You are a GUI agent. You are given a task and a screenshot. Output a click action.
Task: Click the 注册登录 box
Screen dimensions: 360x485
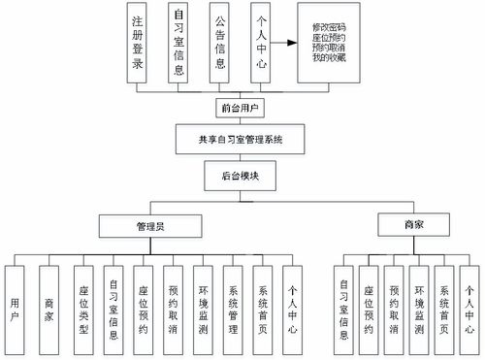click(139, 44)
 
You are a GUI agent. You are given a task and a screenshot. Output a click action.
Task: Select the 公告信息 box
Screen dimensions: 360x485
click(221, 44)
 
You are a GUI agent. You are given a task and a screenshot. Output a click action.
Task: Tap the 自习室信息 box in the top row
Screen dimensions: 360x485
click(179, 44)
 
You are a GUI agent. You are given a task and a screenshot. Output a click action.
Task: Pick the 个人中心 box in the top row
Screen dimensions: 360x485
click(260, 44)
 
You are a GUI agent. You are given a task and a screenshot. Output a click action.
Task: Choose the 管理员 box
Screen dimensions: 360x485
click(150, 227)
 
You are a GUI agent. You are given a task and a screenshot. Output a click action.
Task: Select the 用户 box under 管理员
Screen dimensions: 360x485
click(15, 306)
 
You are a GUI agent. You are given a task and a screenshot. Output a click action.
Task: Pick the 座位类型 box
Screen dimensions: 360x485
click(84, 306)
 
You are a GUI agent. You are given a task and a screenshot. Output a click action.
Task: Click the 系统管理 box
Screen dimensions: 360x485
click(233, 306)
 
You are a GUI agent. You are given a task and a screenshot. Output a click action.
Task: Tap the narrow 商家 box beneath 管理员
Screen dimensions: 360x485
click(49, 306)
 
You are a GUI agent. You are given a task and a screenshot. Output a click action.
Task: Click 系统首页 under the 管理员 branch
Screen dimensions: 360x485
click(263, 306)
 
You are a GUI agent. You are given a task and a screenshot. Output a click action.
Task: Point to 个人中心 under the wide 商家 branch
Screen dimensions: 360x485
click(469, 306)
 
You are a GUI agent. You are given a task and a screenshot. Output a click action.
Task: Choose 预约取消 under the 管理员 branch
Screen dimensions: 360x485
click(173, 306)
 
